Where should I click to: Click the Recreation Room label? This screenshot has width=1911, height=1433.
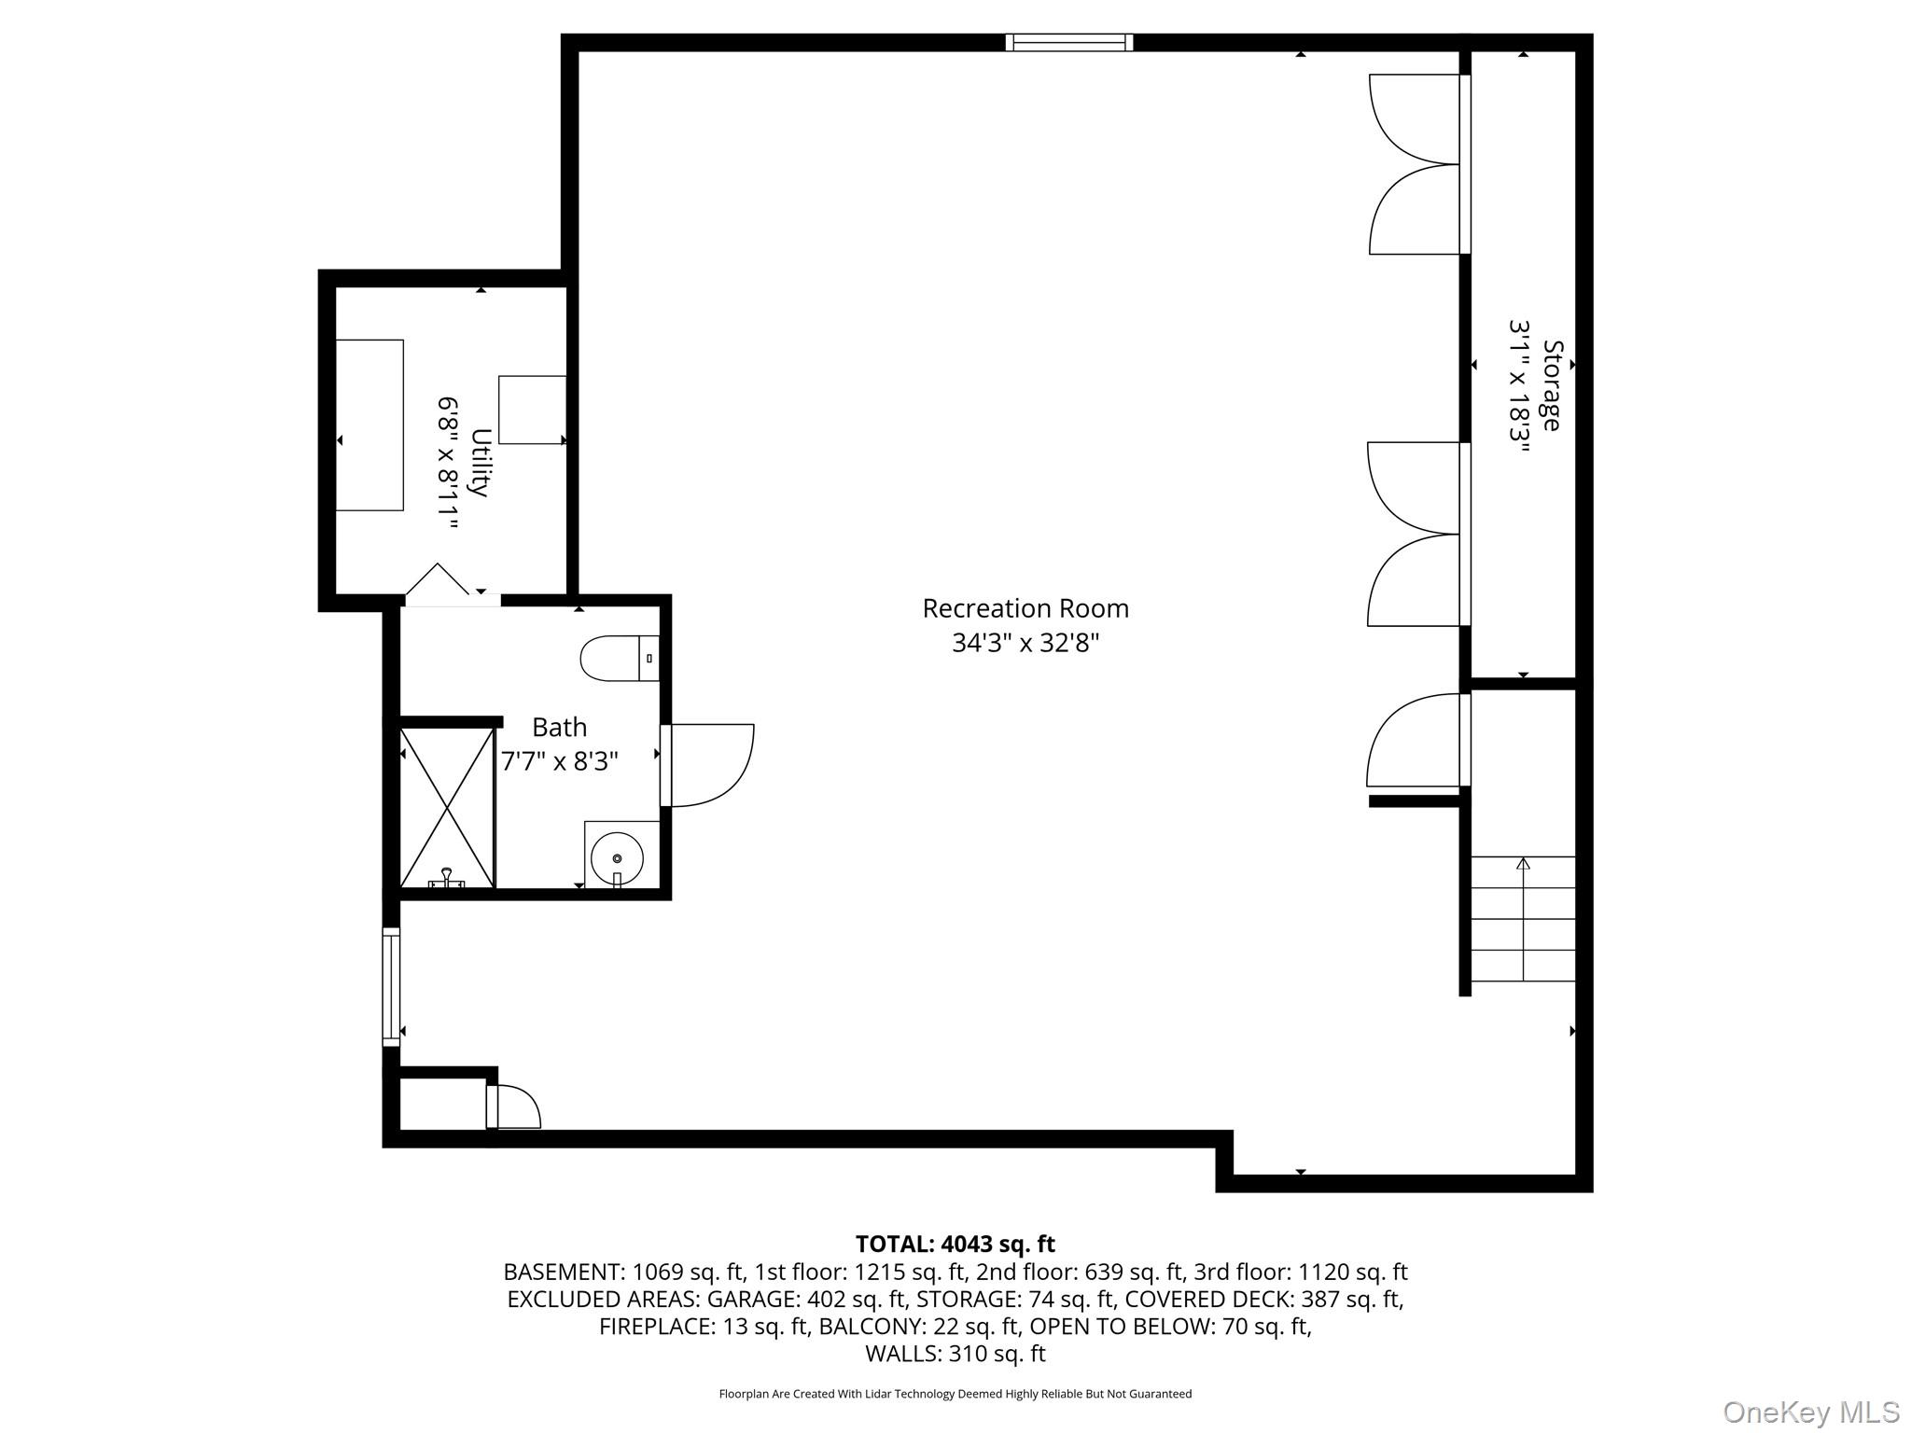(x=1025, y=608)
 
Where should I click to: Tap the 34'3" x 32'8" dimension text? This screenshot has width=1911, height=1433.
(x=1025, y=643)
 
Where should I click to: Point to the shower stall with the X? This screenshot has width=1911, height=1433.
(x=447, y=808)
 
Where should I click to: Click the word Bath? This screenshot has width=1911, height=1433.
(x=559, y=727)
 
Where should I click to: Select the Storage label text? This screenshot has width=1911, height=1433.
(x=1551, y=385)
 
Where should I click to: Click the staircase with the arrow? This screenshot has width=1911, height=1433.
(x=1523, y=919)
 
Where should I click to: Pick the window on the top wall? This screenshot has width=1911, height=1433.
(x=1069, y=42)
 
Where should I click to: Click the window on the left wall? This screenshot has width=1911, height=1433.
(x=391, y=987)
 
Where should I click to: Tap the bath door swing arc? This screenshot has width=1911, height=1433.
(x=714, y=765)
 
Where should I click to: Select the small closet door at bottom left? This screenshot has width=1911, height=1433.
(x=512, y=1107)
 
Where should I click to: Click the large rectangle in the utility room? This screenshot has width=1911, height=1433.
(x=370, y=425)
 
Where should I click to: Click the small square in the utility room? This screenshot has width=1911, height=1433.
(x=532, y=410)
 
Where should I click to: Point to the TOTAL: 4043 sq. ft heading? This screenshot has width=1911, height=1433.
(x=955, y=1244)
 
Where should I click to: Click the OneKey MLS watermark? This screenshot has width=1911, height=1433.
(x=1810, y=1412)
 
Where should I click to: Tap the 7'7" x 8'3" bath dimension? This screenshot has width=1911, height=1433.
(x=559, y=761)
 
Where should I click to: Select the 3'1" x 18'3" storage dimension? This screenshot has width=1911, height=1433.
(x=1520, y=385)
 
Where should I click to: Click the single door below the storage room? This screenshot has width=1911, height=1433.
(x=1414, y=742)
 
